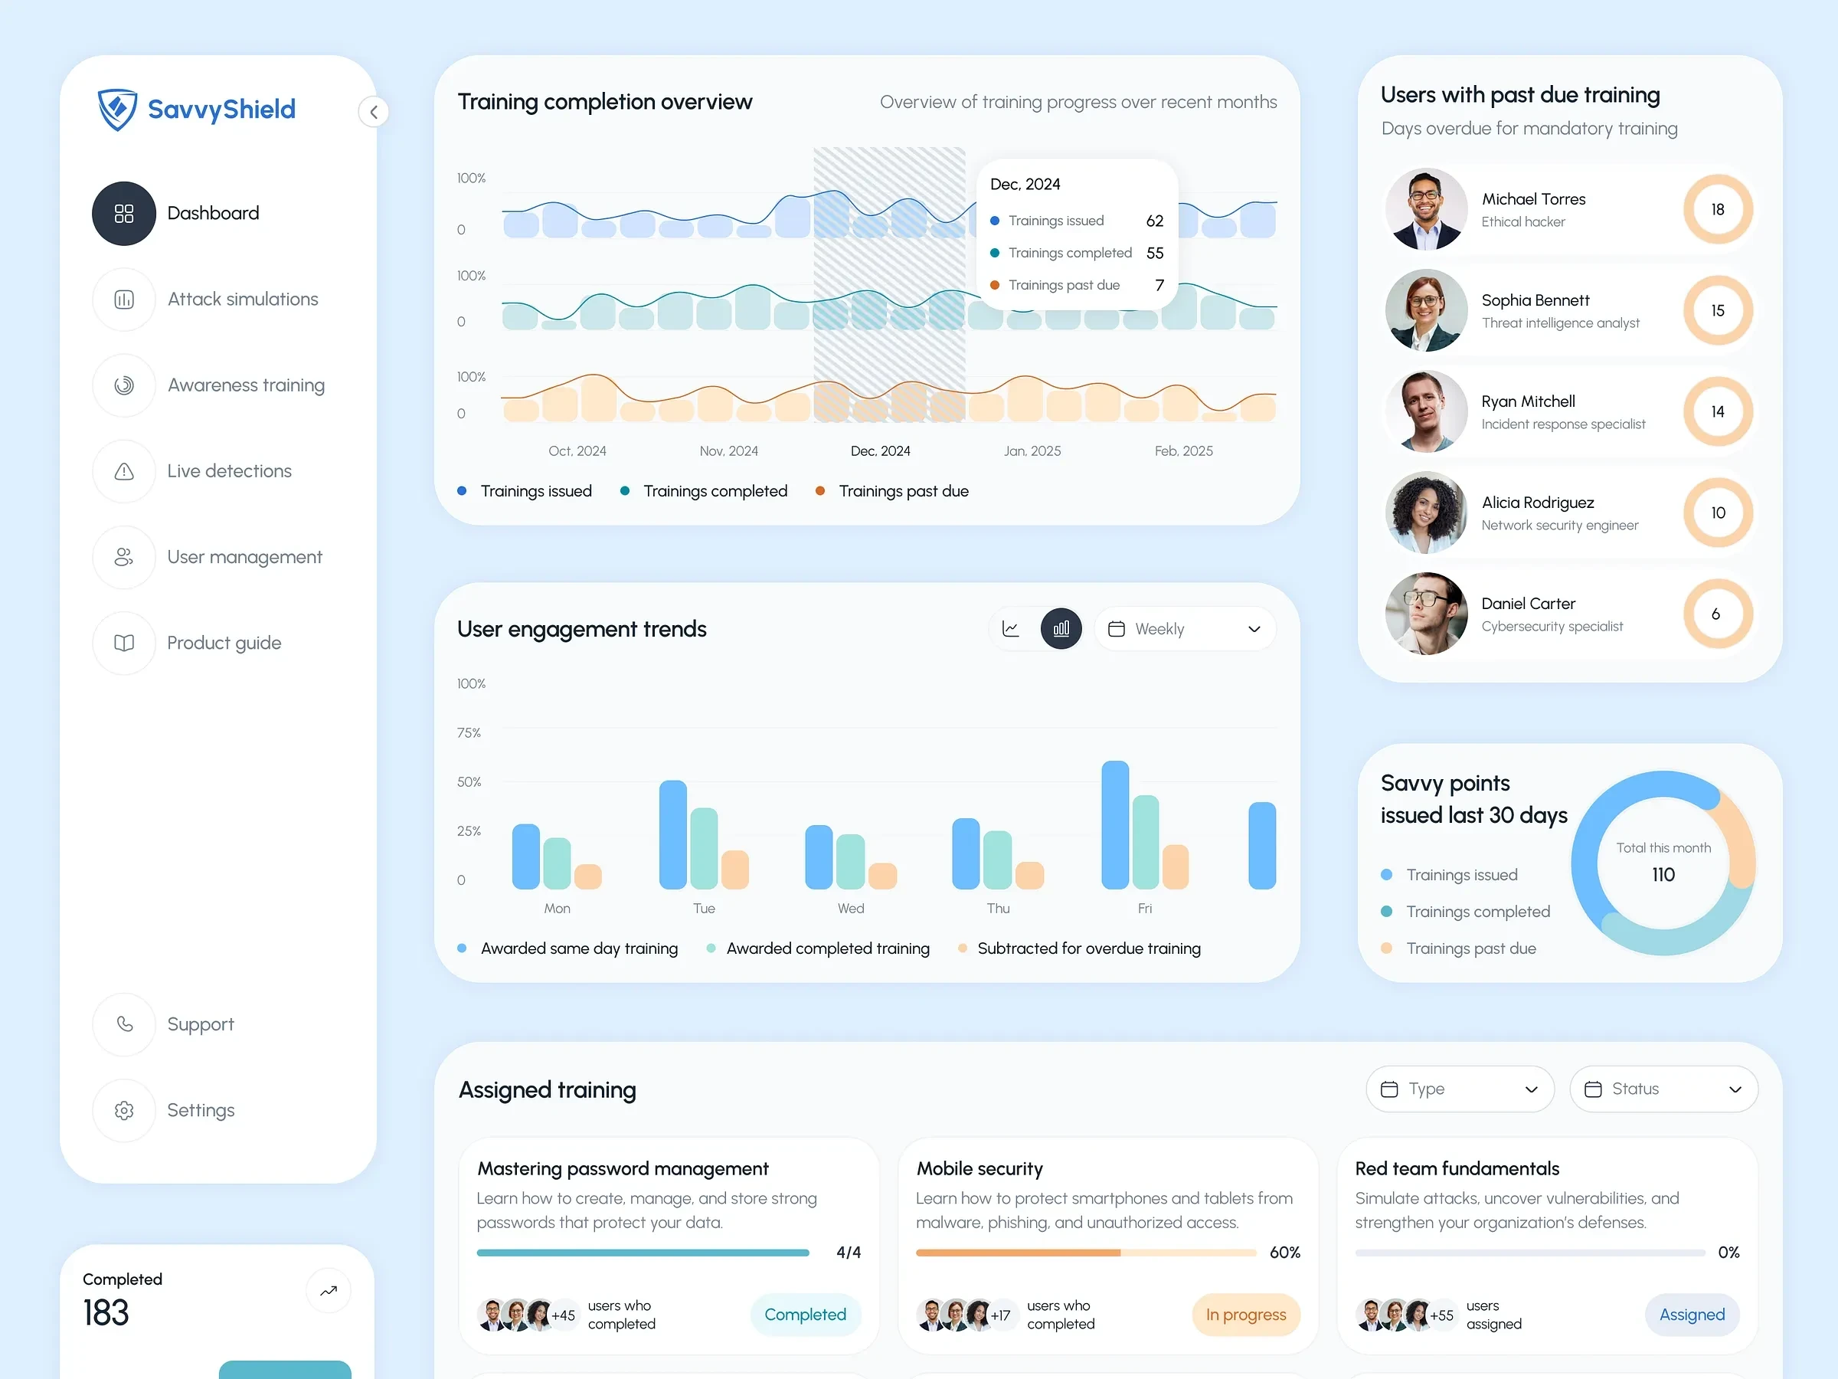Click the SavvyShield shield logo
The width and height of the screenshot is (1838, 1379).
coord(117,109)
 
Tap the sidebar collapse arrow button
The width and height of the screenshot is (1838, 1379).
coord(373,112)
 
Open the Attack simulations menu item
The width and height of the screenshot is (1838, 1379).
coord(243,300)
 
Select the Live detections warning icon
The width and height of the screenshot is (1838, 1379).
coord(124,471)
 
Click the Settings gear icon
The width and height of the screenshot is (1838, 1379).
coord(124,1111)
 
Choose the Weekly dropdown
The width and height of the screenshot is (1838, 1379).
coord(1185,629)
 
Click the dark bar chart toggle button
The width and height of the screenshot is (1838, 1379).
coord(1061,629)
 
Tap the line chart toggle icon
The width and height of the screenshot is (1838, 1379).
coord(1010,629)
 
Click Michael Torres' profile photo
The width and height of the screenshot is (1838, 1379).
coord(1426,209)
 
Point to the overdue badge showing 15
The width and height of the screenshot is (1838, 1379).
coord(1718,311)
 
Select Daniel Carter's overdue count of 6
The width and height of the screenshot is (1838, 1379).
coord(1717,614)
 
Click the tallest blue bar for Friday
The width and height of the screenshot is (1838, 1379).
coord(1114,824)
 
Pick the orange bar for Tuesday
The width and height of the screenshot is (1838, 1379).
coord(734,870)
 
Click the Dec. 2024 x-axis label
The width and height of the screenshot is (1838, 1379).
coord(880,451)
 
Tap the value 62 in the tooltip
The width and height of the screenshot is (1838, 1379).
coord(1154,221)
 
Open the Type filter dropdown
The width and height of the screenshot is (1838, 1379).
coord(1459,1089)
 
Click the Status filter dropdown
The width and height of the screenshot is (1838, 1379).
coord(1663,1089)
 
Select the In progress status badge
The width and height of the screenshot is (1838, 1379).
coord(1245,1315)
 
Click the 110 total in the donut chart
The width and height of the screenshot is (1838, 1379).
coord(1663,874)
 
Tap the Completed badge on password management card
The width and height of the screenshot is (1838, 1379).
coord(804,1315)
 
